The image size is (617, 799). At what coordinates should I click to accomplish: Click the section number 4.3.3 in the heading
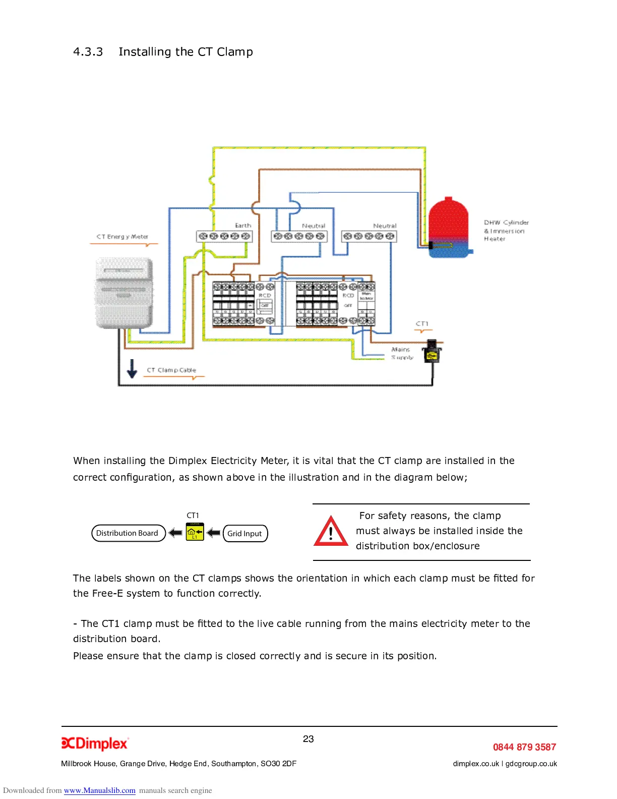point(88,52)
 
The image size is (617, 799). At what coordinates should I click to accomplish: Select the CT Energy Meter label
point(122,237)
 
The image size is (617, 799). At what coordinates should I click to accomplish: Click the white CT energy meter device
point(125,293)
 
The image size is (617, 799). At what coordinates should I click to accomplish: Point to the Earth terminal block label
point(243,225)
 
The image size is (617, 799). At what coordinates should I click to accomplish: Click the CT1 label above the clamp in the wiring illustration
point(422,324)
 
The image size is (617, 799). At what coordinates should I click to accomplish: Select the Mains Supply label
point(402,353)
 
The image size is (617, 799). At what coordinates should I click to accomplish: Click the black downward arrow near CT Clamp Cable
point(132,368)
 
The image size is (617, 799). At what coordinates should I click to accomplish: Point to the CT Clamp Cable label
point(171,370)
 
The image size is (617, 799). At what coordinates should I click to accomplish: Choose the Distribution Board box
point(128,533)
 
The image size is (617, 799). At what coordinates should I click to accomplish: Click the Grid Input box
point(245,534)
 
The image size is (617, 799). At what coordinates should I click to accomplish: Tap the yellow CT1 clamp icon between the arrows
point(195,532)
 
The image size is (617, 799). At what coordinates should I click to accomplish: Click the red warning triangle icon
point(331,532)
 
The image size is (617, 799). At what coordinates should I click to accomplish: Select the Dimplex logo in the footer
point(95,744)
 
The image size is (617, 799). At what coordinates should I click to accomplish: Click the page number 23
point(308,739)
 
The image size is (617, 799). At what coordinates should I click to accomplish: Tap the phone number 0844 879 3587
point(524,747)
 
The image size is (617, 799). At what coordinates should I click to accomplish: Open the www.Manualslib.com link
point(100,790)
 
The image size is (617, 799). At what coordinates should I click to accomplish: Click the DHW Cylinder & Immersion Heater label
point(506,231)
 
